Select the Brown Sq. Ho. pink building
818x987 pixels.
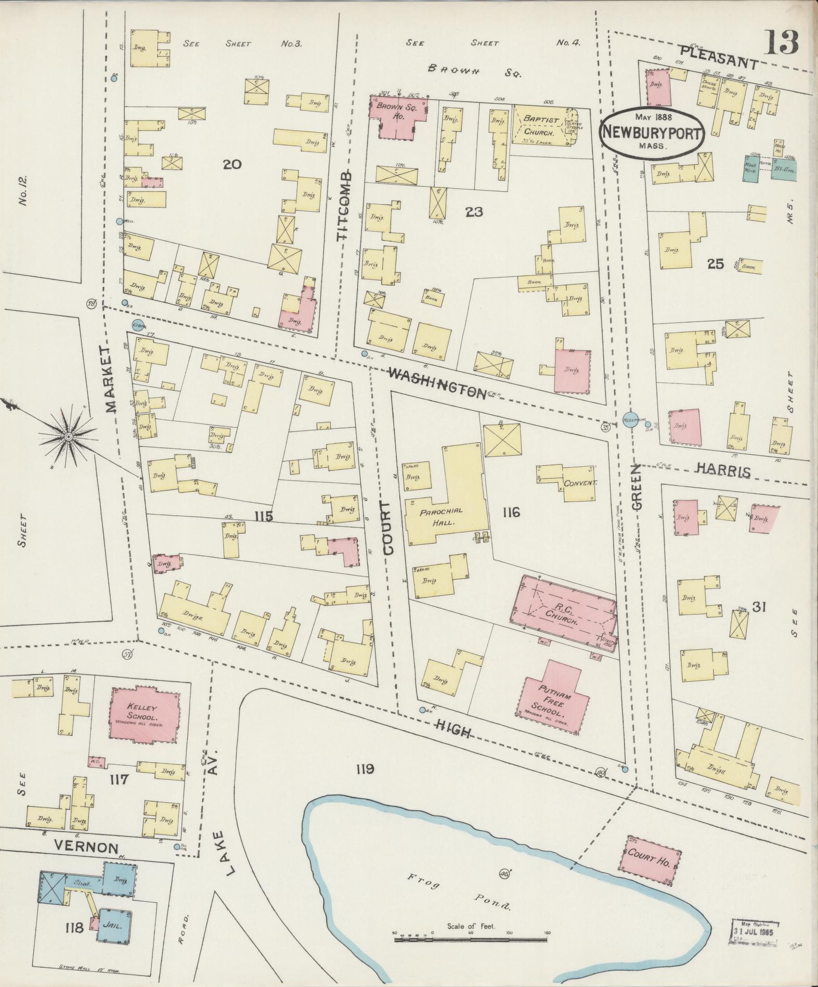(398, 116)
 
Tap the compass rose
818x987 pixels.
(68, 436)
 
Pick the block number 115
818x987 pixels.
(264, 515)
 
